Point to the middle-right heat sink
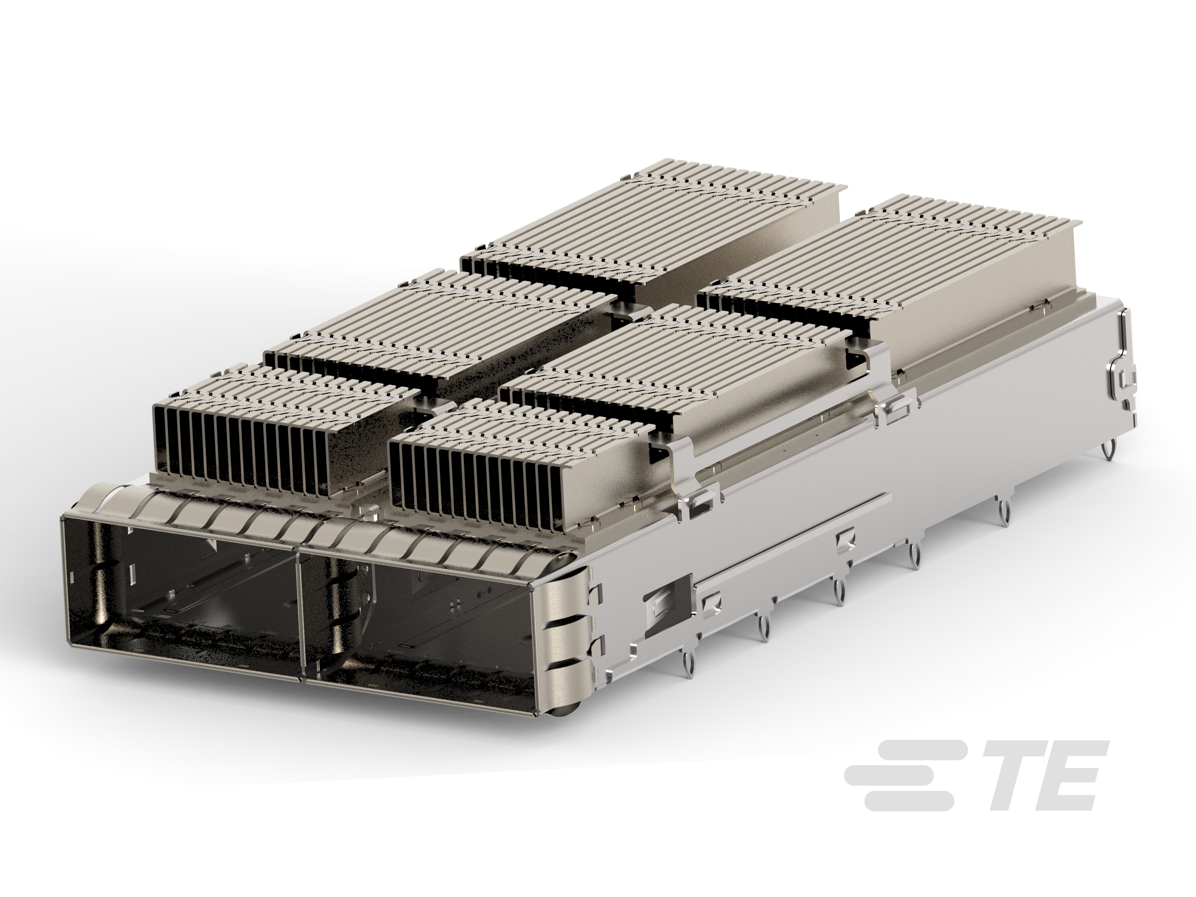(676, 362)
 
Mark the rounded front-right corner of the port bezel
(562, 622)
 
